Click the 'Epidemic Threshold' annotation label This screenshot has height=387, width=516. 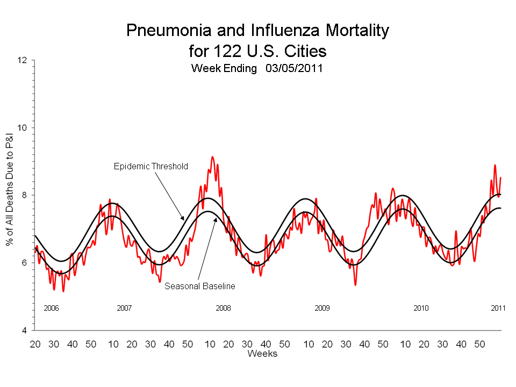pyautogui.click(x=150, y=166)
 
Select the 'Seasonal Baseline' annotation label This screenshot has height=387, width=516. pyautogui.click(x=199, y=286)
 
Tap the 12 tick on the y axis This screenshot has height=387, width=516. pyautogui.click(x=22, y=60)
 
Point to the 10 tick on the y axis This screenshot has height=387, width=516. pyautogui.click(x=22, y=128)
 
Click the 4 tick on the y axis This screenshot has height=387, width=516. pyautogui.click(x=24, y=330)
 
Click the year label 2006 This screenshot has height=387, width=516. pyautogui.click(x=51, y=308)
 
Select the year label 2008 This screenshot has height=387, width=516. pyautogui.click(x=223, y=308)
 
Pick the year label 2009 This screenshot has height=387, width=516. pyautogui.click(x=322, y=308)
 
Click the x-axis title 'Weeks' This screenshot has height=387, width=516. pyautogui.click(x=262, y=353)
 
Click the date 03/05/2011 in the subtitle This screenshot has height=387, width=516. pyautogui.click(x=293, y=69)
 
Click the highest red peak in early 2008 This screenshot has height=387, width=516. pyautogui.click(x=212, y=157)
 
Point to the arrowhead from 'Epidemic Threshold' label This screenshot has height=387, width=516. pyautogui.click(x=184, y=219)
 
